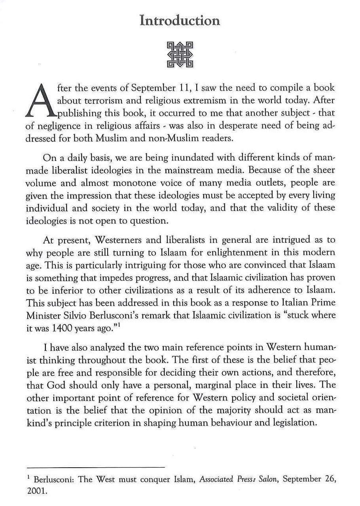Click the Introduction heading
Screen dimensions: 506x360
point(180,20)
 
